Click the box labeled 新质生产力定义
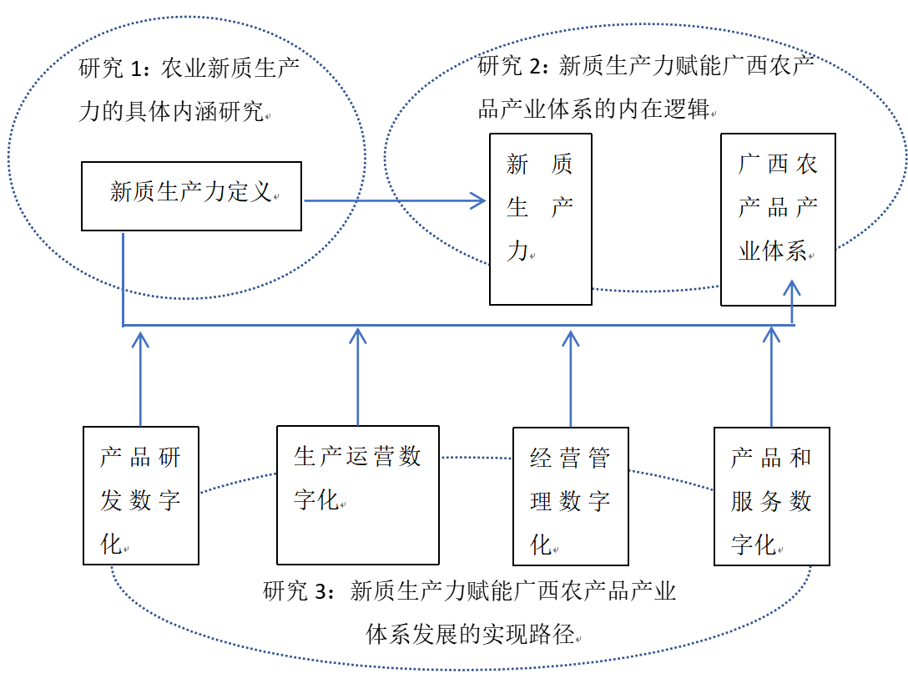point(191,196)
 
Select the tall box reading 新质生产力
point(540,219)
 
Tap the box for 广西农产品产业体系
point(778,219)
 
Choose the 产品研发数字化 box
point(140,495)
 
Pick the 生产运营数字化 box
point(357,495)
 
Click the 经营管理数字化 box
point(570,496)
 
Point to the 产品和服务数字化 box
point(771,496)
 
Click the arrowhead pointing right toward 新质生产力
point(479,200)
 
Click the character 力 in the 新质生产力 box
point(517,250)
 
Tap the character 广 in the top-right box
point(750,164)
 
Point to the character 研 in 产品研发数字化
point(169,457)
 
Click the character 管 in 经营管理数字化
point(599,458)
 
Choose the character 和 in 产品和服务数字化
point(800,458)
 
